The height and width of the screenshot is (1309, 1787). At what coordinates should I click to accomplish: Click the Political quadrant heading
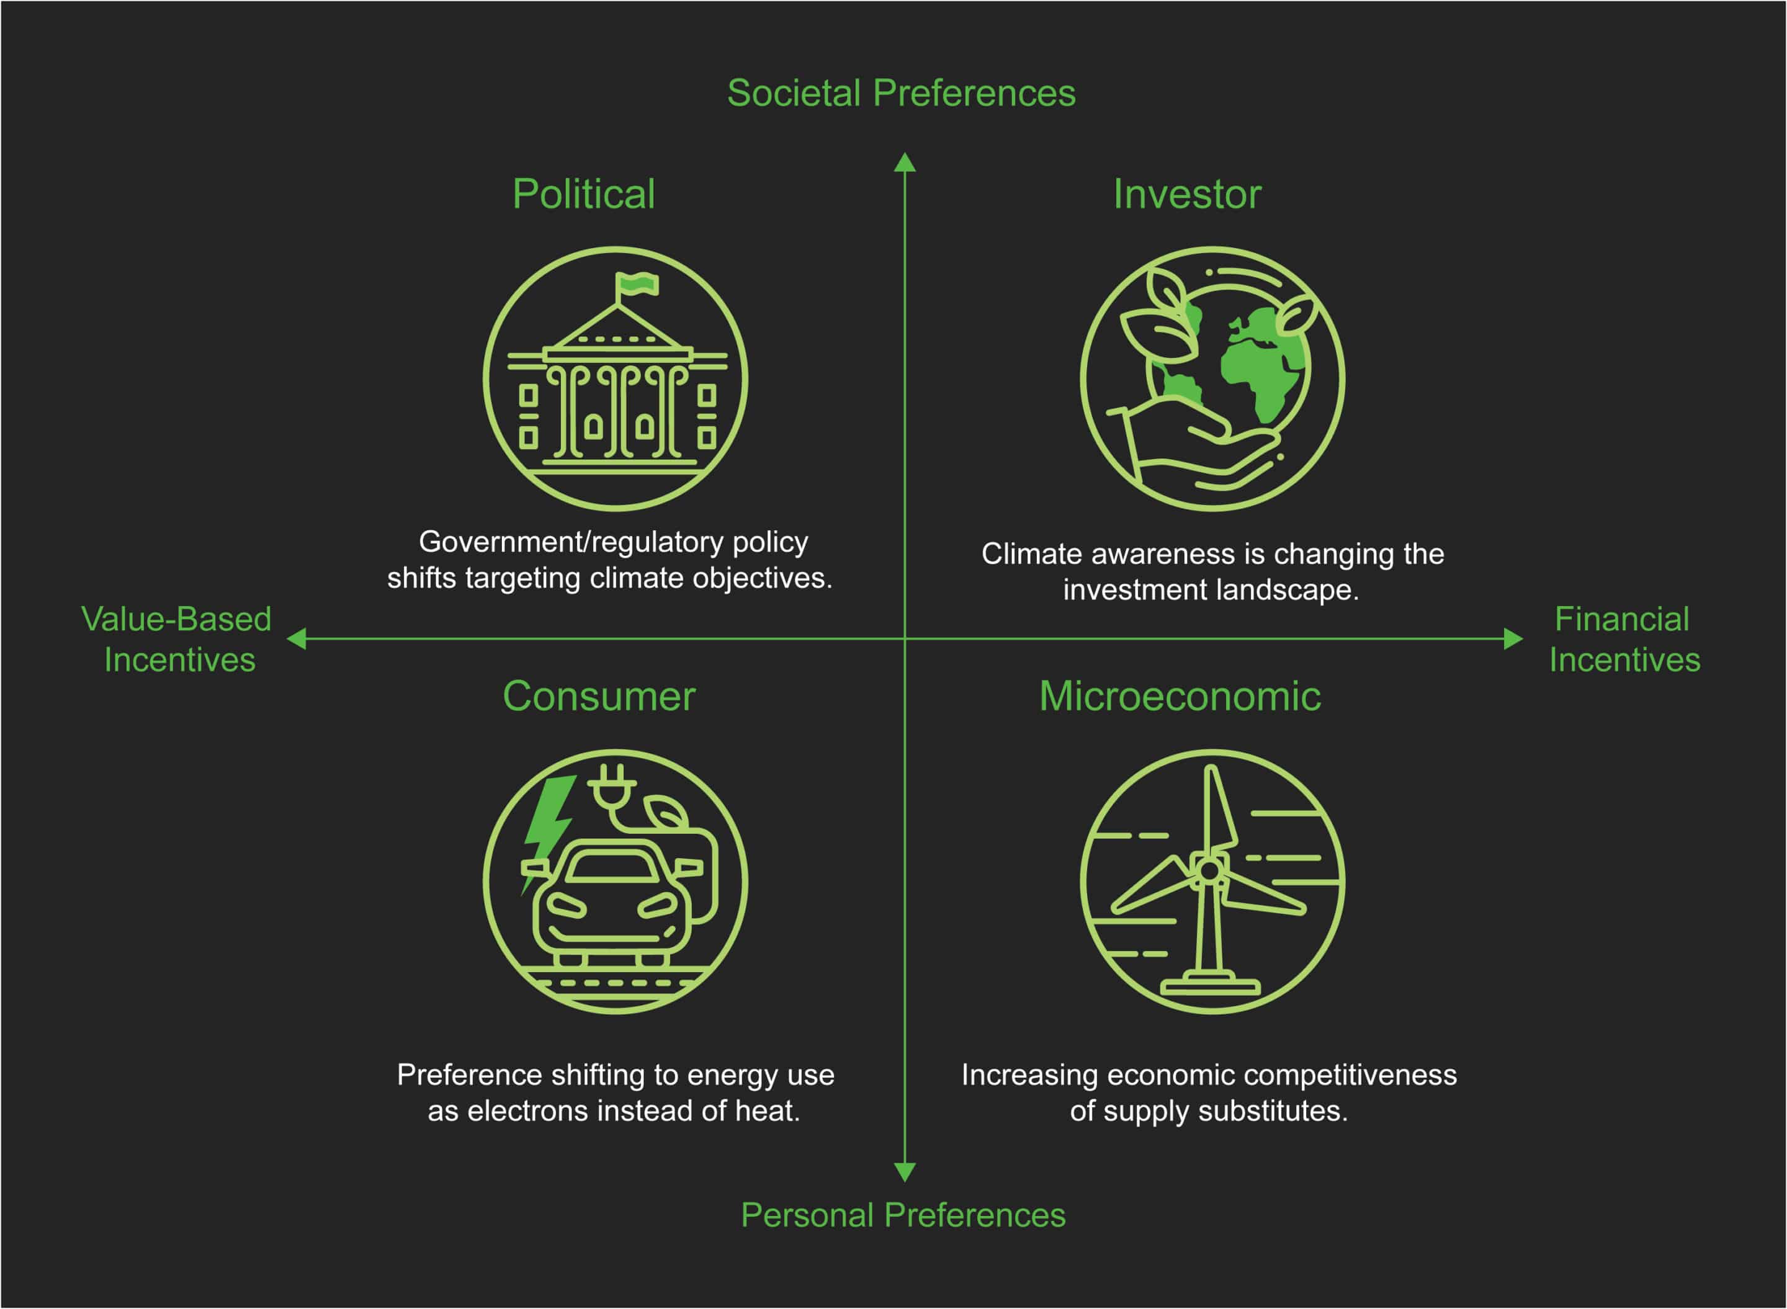pyautogui.click(x=583, y=194)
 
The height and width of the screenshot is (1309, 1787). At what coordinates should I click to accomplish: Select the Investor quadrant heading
pyautogui.click(x=1186, y=194)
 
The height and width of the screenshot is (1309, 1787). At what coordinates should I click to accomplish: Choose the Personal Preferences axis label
pyautogui.click(x=903, y=1215)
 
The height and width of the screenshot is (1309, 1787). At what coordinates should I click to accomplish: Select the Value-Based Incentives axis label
pyautogui.click(x=177, y=640)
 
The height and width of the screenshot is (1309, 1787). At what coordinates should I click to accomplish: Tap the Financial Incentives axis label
pyautogui.click(x=1624, y=640)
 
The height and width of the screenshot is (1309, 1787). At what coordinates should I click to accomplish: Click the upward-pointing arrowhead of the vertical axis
pyautogui.click(x=905, y=163)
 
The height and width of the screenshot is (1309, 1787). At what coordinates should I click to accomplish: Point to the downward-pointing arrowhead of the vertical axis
pyautogui.click(x=905, y=1171)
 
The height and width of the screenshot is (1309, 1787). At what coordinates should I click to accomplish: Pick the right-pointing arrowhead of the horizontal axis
pyautogui.click(x=1513, y=638)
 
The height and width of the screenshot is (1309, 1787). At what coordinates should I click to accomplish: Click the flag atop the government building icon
pyautogui.click(x=638, y=284)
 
